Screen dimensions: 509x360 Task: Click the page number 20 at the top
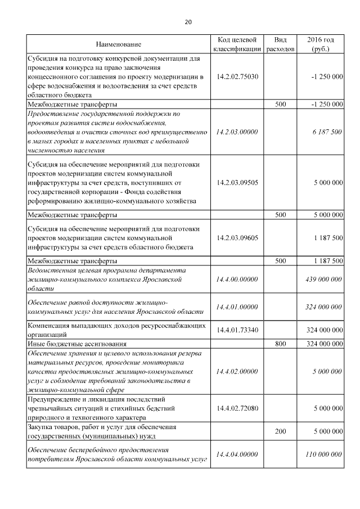[188, 22]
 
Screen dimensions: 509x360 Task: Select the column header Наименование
[118, 44]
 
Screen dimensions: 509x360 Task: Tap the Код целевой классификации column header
[237, 44]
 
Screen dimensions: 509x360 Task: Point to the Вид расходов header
[280, 44]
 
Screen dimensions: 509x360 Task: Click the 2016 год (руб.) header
[321, 44]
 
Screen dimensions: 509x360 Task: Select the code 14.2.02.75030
[237, 76]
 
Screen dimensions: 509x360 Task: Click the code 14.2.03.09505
[237, 183]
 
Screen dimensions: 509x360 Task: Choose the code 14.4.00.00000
[237, 279]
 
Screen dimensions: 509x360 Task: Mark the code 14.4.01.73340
[237, 330]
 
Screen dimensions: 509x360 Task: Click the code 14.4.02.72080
[237, 408]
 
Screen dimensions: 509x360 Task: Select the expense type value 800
[280, 343]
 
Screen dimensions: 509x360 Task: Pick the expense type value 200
[280, 431]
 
